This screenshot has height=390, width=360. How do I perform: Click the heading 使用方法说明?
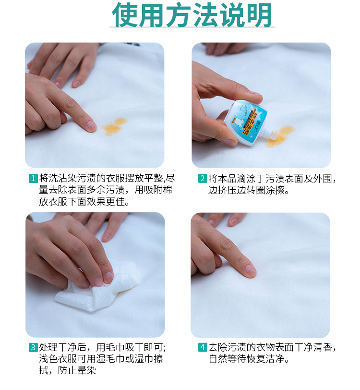coord(192,15)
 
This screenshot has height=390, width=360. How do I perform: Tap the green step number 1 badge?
coord(33,178)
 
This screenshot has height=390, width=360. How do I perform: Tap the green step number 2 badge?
coord(203,178)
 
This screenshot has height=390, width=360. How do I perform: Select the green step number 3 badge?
coord(33,347)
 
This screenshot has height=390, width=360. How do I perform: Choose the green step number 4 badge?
coord(203,347)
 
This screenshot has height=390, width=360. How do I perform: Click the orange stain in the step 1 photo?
coord(114,127)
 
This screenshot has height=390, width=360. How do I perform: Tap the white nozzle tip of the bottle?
coord(273,134)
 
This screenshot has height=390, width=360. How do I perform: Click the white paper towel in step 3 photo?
coord(99,289)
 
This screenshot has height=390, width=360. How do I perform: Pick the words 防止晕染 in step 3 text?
coord(77,370)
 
